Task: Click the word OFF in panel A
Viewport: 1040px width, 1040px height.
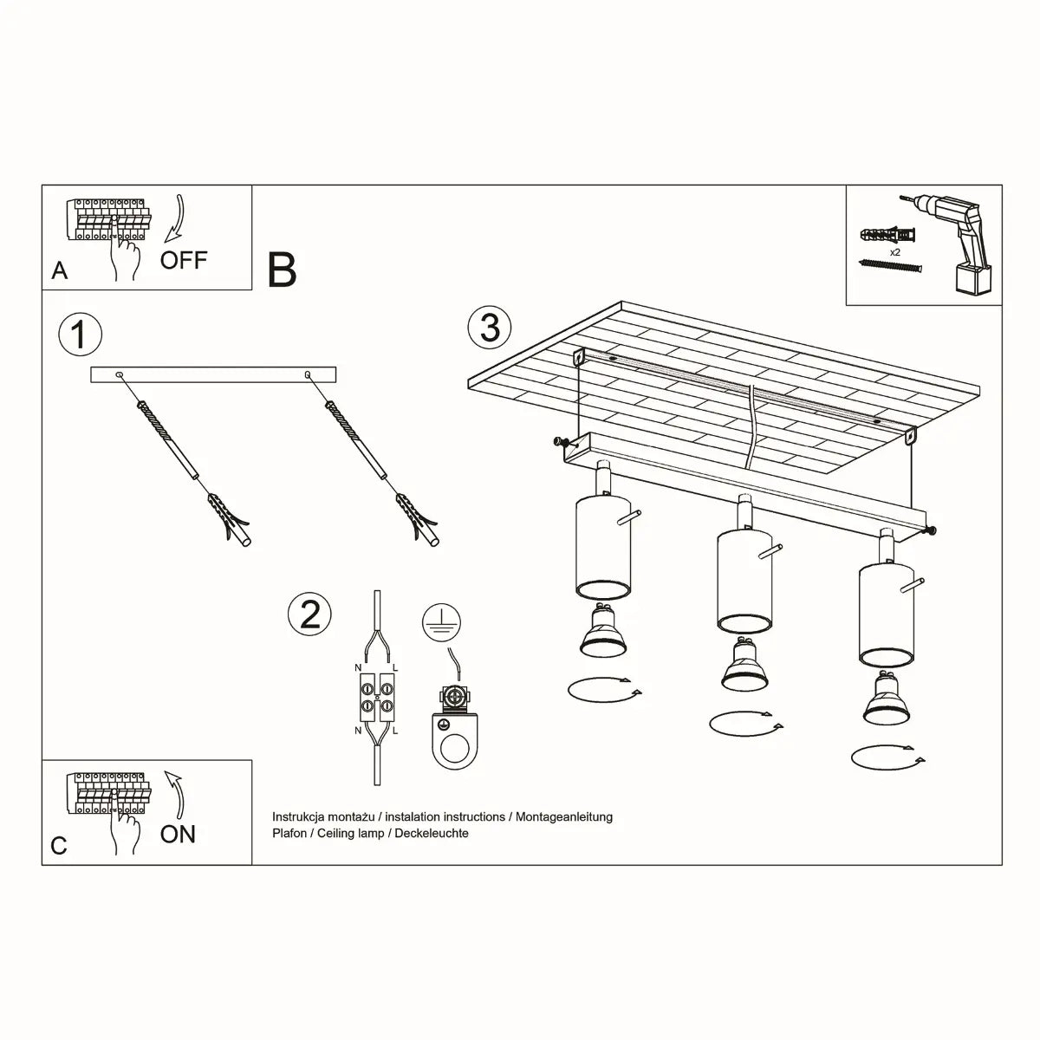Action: coord(184,259)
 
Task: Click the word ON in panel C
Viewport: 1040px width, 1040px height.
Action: coord(178,834)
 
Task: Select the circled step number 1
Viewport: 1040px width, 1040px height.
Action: coord(80,335)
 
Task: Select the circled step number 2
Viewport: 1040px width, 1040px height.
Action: coord(309,614)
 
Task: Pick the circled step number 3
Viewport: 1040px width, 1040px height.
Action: coord(490,328)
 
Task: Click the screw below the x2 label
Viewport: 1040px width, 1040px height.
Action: coord(887,267)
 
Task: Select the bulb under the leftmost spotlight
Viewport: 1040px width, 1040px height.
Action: coord(601,633)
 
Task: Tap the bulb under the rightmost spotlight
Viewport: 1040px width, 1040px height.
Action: coord(886,699)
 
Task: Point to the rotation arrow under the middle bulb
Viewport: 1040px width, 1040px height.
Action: coord(745,721)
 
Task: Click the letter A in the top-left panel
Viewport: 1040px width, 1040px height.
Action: coord(59,271)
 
